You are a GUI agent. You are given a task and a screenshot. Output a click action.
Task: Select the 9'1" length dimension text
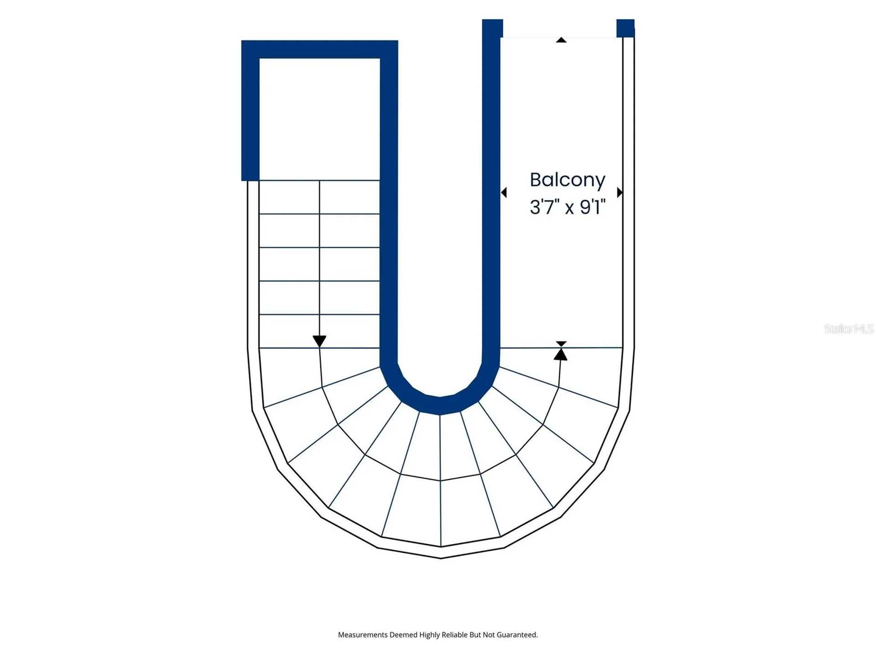(593, 207)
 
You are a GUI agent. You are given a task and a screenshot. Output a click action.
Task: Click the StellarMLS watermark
(849, 328)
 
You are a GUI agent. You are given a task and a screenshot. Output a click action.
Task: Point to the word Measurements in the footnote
(363, 635)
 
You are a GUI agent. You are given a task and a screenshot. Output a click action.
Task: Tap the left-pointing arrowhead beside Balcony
(504, 193)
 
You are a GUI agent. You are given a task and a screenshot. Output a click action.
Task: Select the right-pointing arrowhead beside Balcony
(620, 193)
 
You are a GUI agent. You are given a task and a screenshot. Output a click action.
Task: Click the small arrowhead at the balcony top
(561, 40)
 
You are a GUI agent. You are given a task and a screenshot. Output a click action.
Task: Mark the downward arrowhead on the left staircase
(319, 341)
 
